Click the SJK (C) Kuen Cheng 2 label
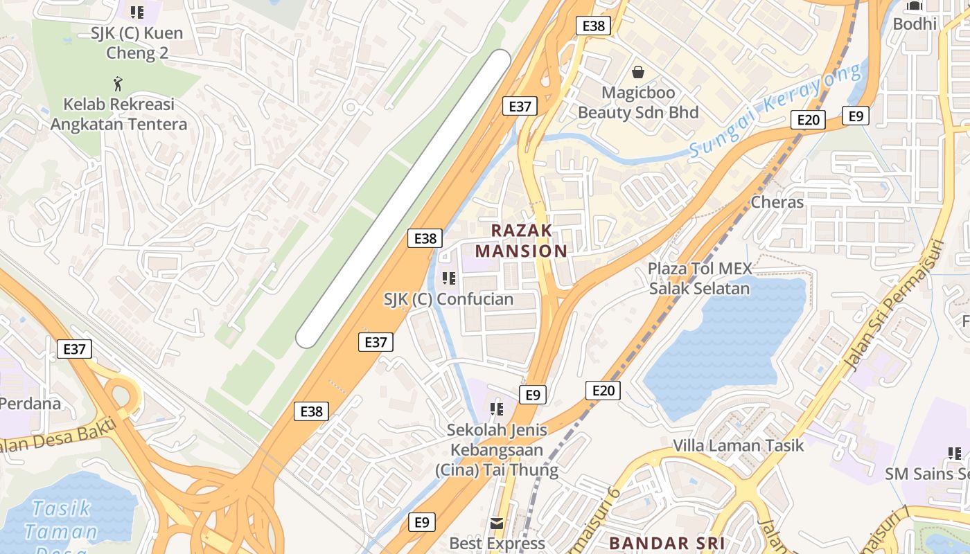pyautogui.click(x=136, y=42)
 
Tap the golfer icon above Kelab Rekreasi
pyautogui.click(x=118, y=84)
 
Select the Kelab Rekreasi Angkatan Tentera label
pyautogui.click(x=118, y=114)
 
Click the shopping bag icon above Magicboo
pyautogui.click(x=637, y=72)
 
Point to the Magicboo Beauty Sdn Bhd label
pyautogui.click(x=637, y=102)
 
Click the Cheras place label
pyautogui.click(x=777, y=202)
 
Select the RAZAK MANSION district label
pyautogui.click(x=522, y=240)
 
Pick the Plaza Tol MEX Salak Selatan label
pyautogui.click(x=699, y=278)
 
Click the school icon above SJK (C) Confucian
pyautogui.click(x=448, y=278)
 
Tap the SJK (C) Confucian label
pyautogui.click(x=448, y=299)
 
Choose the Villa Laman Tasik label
pyautogui.click(x=738, y=445)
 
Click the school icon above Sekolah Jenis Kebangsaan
pyautogui.click(x=496, y=409)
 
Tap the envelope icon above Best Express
pyautogui.click(x=497, y=523)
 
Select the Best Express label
pyautogui.click(x=497, y=544)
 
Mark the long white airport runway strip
pyautogui.click(x=404, y=199)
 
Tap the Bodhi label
pyautogui.click(x=915, y=24)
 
